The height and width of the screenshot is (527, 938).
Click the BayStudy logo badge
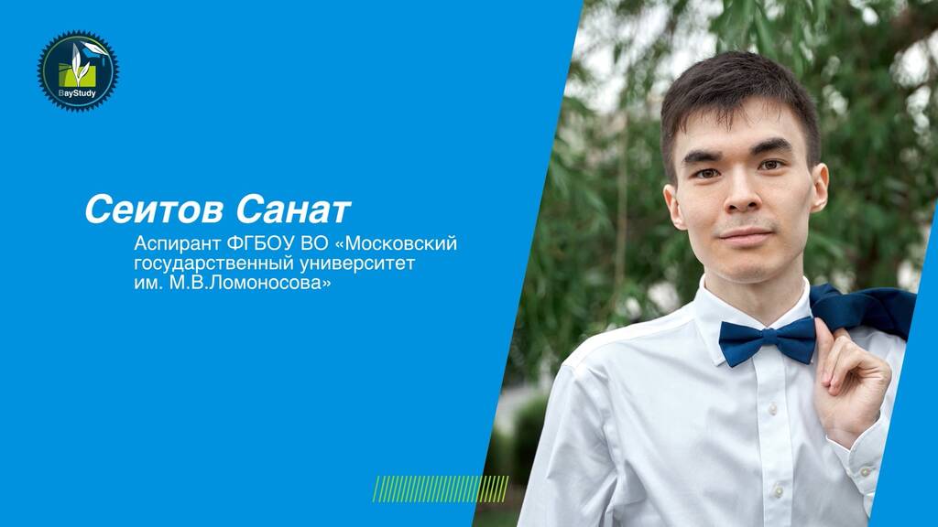click(78, 70)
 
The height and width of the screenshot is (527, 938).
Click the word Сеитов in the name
click(154, 210)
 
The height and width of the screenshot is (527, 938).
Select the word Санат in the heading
click(293, 210)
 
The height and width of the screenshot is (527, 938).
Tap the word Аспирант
click(178, 244)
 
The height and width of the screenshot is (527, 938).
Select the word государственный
click(213, 263)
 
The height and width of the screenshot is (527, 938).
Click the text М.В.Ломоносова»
click(250, 283)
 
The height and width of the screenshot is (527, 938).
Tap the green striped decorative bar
click(441, 489)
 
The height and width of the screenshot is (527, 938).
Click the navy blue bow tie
click(767, 341)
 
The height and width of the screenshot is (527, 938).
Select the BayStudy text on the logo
click(77, 93)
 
